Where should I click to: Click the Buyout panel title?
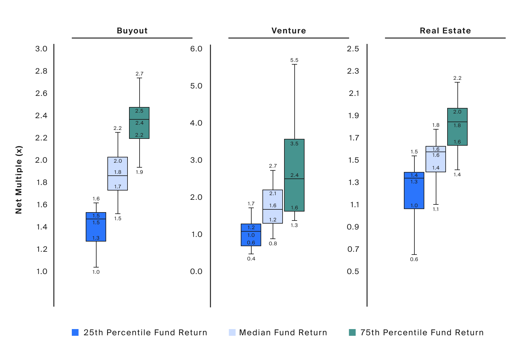pos(132,31)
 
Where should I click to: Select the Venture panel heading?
pos(288,31)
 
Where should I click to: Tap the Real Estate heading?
pos(445,31)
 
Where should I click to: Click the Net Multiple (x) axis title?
pos(19,180)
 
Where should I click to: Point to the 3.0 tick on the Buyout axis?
pos(41,49)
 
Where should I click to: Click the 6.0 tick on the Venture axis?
pos(196,49)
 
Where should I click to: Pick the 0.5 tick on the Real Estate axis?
pos(353,272)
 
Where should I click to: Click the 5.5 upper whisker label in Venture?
pos(294,60)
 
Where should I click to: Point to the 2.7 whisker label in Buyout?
pos(140,74)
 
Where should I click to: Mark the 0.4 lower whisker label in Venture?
pos(251,259)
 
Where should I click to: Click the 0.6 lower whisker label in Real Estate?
pos(414,259)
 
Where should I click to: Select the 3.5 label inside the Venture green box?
pos(294,144)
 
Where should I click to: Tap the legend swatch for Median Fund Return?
pos(232,332)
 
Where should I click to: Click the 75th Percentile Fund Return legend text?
pos(422,332)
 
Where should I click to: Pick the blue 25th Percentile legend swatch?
pos(75,332)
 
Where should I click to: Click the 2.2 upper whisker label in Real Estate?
pos(457,78)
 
